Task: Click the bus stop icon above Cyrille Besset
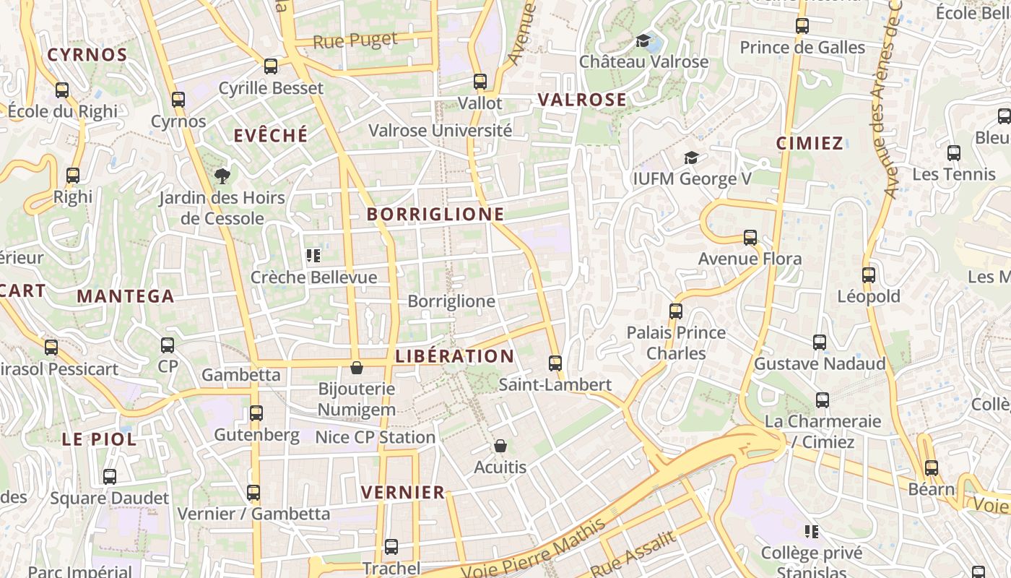271,66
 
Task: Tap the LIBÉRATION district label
455,356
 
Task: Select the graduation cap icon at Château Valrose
643,40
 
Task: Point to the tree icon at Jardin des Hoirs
222,176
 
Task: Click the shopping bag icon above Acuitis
500,447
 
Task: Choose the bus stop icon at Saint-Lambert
555,363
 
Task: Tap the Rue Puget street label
355,41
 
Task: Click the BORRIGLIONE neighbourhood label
435,215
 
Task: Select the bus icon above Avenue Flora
750,237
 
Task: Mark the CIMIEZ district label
810,143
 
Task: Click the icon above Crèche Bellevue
313,256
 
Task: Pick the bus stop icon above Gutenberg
256,413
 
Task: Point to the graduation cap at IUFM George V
691,158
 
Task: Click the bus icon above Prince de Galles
802,27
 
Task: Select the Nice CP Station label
375,437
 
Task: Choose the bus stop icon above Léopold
868,275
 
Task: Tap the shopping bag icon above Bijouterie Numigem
356,368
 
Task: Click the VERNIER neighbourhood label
403,493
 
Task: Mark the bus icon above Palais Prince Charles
675,311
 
